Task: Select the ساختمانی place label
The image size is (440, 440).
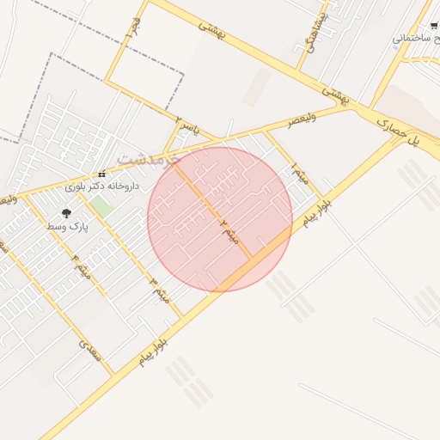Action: [x=416, y=39]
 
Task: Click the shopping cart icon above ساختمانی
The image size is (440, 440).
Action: [x=434, y=26]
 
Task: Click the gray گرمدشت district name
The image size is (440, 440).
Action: [x=147, y=159]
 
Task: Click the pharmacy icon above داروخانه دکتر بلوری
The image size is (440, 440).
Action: [x=102, y=174]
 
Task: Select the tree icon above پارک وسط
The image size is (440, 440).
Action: [x=66, y=212]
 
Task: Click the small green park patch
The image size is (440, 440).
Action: [x=102, y=206]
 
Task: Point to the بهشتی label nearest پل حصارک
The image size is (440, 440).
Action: [x=337, y=94]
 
